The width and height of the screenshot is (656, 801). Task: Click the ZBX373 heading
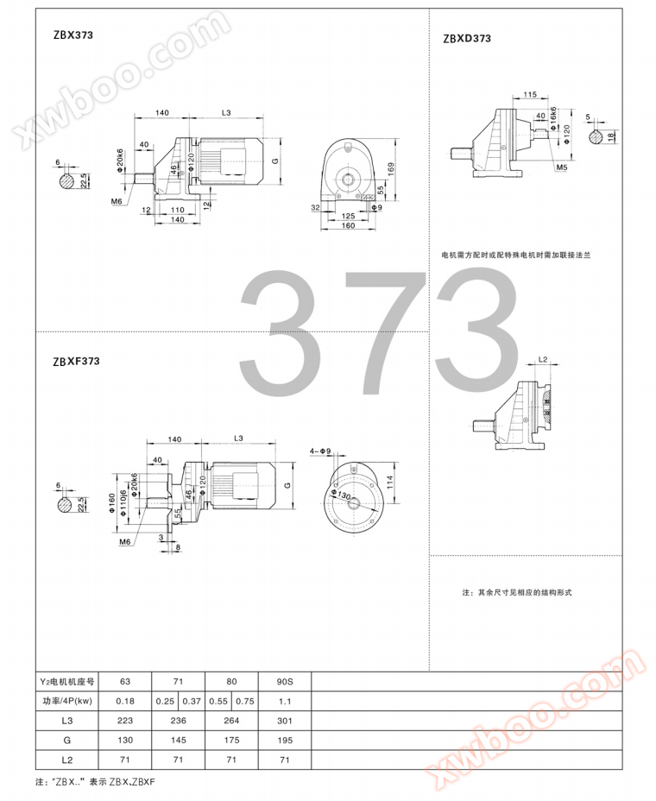pos(73,35)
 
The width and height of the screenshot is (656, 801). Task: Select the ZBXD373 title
pos(467,38)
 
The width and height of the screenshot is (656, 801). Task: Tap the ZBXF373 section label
pos(76,362)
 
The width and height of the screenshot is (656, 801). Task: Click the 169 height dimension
pos(391,169)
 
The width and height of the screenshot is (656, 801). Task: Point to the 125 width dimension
pos(348,216)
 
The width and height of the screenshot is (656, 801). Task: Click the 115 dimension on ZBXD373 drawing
pos(530,94)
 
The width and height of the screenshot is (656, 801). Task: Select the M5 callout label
pos(561,167)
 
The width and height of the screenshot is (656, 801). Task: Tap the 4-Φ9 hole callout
pos(320,451)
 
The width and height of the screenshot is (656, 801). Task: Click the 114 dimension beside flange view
pos(390,482)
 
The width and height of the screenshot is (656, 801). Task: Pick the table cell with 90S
pos(285,682)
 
